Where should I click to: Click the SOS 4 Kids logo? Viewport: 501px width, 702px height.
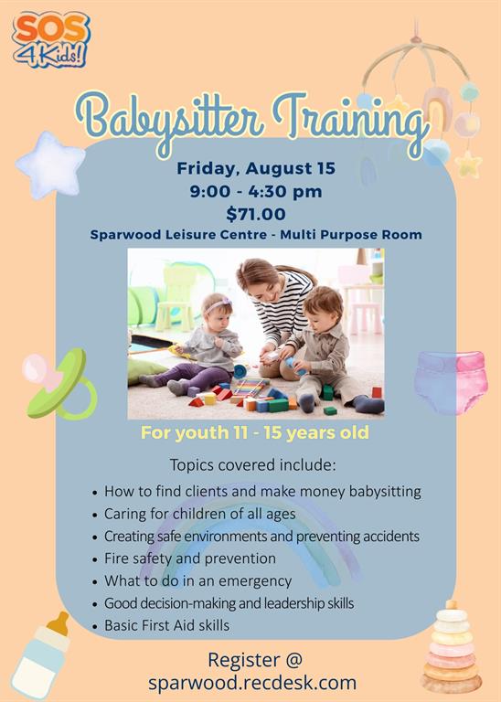pyautogui.click(x=51, y=39)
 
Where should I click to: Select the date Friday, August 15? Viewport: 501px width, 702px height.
pyautogui.click(x=256, y=168)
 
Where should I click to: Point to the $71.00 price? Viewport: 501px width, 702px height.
pyautogui.click(x=256, y=214)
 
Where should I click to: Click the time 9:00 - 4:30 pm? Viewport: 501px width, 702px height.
pyautogui.click(x=256, y=192)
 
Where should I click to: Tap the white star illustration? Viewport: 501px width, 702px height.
pyautogui.click(x=50, y=165)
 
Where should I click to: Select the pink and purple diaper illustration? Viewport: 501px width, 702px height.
pyautogui.click(x=451, y=382)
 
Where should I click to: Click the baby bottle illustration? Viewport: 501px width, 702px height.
pyautogui.click(x=41, y=655)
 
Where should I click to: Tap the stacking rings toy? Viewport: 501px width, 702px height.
pyautogui.click(x=452, y=647)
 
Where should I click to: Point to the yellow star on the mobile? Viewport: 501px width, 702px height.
pyautogui.click(x=468, y=164)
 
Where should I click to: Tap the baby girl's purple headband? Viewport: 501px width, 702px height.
pyautogui.click(x=217, y=305)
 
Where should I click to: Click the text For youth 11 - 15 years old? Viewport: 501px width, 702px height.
pyautogui.click(x=255, y=432)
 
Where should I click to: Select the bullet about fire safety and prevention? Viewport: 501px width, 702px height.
pyautogui.click(x=190, y=558)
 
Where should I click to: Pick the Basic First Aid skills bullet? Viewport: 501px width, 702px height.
pyautogui.click(x=166, y=625)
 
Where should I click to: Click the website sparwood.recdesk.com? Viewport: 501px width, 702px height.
pyautogui.click(x=252, y=683)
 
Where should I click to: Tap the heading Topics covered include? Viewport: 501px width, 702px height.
pyautogui.click(x=252, y=464)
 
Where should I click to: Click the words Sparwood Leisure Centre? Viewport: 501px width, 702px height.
pyautogui.click(x=178, y=235)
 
